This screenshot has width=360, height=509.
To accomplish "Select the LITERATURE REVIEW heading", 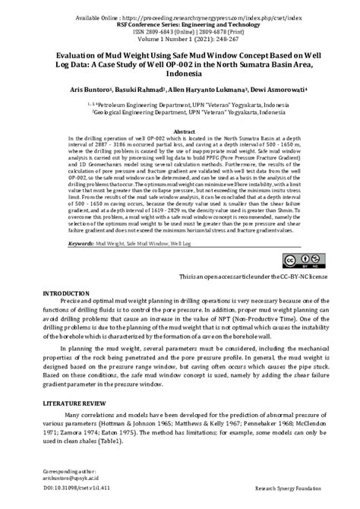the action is tap(79, 398).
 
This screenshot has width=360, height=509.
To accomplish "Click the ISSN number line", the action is tap(179, 32).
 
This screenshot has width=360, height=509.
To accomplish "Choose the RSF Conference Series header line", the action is tap(179, 24).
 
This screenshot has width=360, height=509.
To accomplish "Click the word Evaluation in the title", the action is tap(82, 55).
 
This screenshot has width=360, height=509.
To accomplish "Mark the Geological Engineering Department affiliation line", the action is tap(179, 111).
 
